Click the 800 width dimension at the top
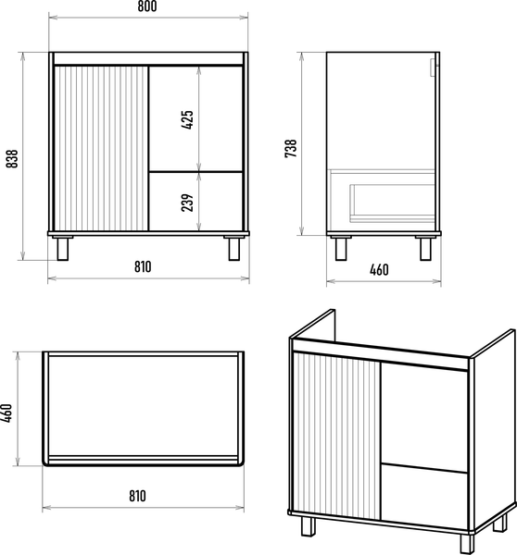point(146,6)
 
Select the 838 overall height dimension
point(12,158)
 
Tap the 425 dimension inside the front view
point(187,119)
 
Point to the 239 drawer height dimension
point(187,203)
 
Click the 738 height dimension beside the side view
point(290,148)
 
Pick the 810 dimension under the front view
point(143,266)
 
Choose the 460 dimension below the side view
point(379,270)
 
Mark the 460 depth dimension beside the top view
point(6,413)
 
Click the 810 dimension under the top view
point(137,496)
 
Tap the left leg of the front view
point(62,249)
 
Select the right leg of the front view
point(234,249)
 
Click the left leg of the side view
point(341,249)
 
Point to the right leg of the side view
point(425,249)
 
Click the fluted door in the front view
point(101,148)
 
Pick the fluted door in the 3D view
point(337,436)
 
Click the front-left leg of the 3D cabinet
point(309,526)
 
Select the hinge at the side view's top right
point(433,68)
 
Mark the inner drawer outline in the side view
point(393,203)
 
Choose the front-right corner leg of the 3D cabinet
point(467,544)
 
